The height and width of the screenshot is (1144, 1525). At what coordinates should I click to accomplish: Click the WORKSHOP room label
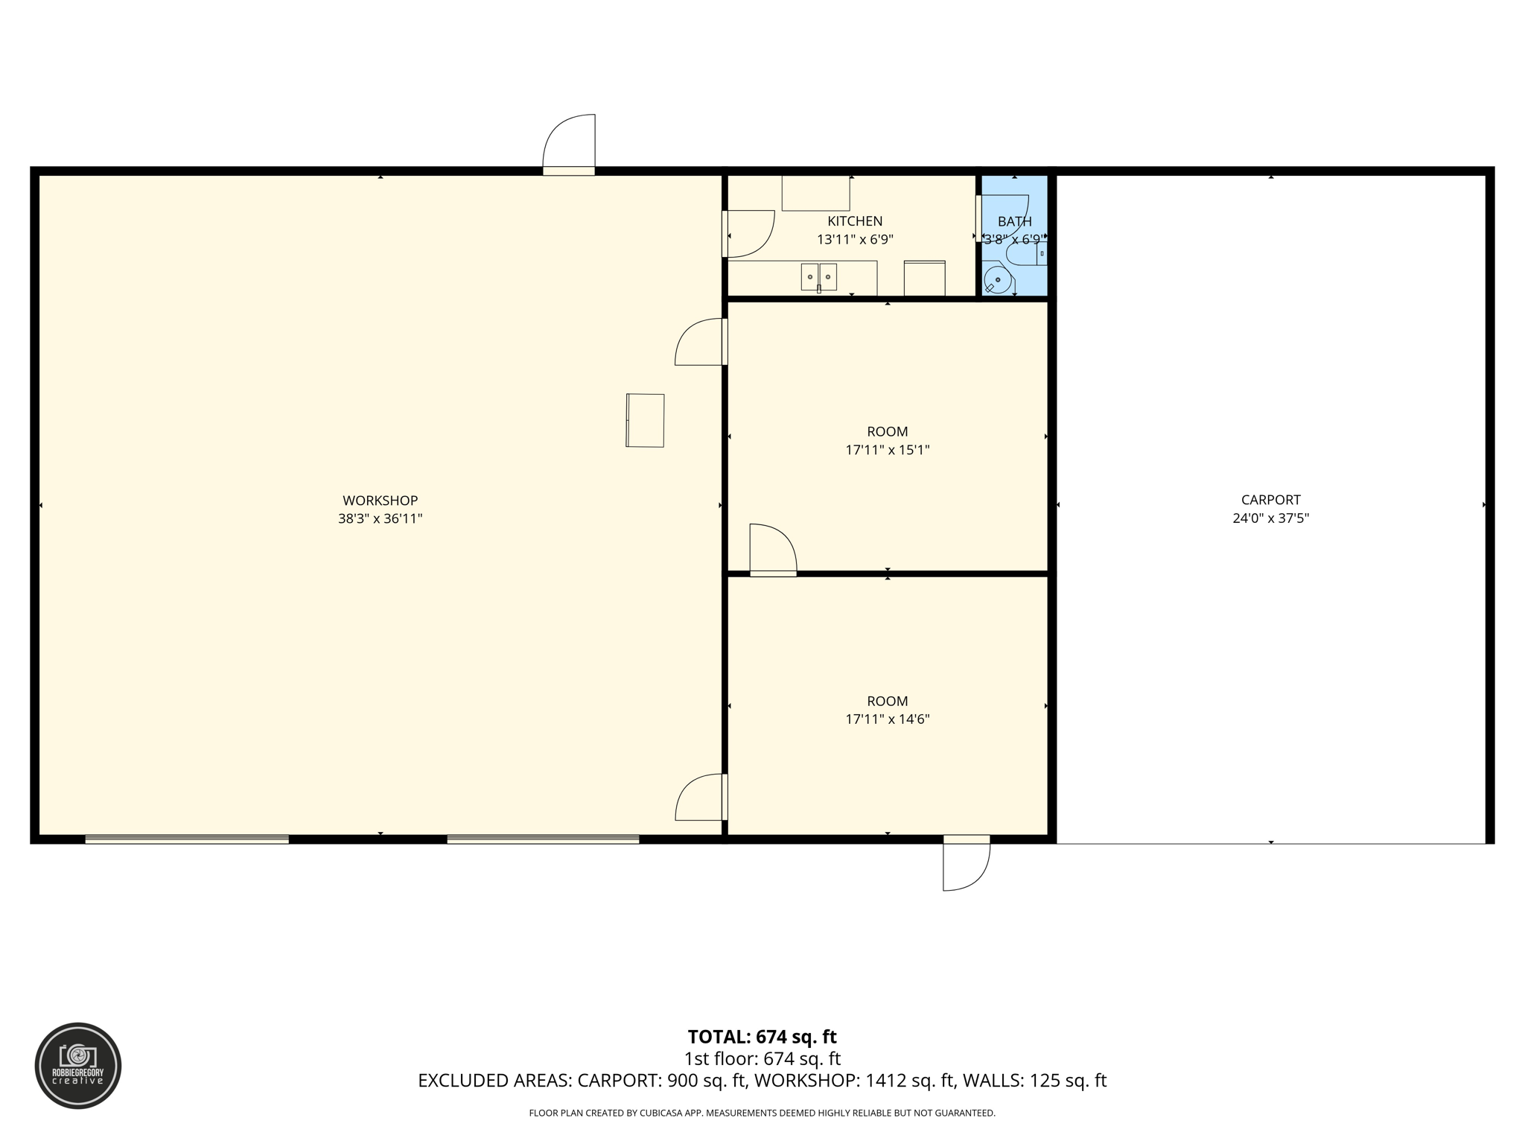380,500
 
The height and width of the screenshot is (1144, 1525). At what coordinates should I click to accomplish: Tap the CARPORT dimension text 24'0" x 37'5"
1270,518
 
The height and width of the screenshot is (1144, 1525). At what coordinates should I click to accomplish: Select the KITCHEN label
855,221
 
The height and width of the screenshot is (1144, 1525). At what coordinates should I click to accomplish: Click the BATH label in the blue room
1014,222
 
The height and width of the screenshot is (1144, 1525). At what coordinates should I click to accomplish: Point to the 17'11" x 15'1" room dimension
887,450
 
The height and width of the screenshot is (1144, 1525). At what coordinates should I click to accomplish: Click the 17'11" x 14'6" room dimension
887,719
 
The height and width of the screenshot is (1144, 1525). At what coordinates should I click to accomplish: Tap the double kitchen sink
818,276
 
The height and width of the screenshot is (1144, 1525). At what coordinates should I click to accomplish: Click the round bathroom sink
997,280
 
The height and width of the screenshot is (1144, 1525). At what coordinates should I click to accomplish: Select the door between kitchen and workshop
748,234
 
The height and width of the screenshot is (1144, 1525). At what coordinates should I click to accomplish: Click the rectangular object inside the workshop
645,420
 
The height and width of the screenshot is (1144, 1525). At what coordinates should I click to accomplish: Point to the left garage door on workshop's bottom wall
187,839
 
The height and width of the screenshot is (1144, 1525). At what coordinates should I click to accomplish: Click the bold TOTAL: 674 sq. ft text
762,1037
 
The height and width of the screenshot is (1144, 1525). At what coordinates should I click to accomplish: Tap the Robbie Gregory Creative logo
78,1066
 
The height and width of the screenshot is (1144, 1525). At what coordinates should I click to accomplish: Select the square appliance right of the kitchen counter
924,279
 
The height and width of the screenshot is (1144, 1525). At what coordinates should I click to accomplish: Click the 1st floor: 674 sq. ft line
762,1058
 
